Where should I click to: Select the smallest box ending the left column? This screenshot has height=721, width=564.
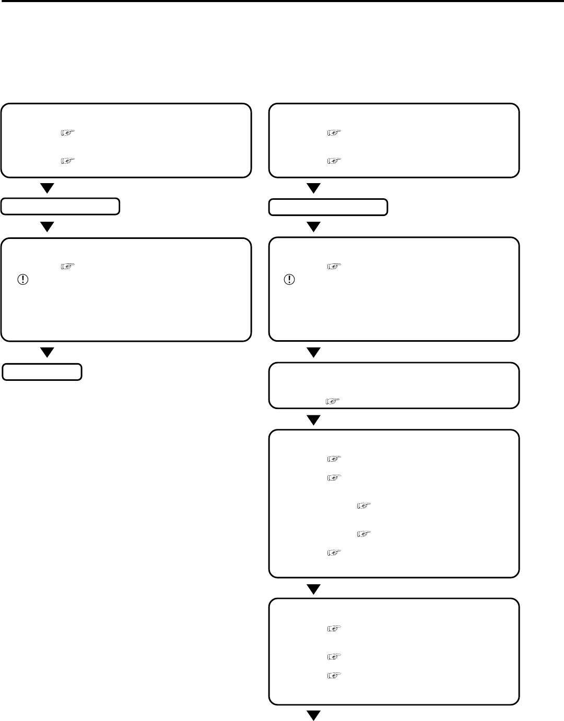pyautogui.click(x=42, y=372)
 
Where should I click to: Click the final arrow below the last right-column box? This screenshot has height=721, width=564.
pyautogui.click(x=313, y=715)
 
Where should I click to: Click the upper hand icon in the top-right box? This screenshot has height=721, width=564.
pyautogui.click(x=334, y=133)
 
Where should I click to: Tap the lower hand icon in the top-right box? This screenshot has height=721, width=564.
pyautogui.click(x=334, y=160)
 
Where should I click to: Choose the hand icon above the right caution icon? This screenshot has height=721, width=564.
pyautogui.click(x=334, y=267)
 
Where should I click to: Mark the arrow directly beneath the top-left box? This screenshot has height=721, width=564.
pyautogui.click(x=48, y=188)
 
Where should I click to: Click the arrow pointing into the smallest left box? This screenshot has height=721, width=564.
pyautogui.click(x=48, y=353)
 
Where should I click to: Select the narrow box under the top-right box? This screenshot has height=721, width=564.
pyautogui.click(x=328, y=207)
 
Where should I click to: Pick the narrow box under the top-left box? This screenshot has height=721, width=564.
pyautogui.click(x=60, y=207)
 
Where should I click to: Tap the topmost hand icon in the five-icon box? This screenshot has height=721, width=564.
pyautogui.click(x=334, y=459)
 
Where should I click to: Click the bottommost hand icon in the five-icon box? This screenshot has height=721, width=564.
pyautogui.click(x=334, y=551)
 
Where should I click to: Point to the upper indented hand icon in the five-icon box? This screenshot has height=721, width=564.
pyautogui.click(x=363, y=506)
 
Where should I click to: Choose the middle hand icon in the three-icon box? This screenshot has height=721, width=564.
pyautogui.click(x=334, y=656)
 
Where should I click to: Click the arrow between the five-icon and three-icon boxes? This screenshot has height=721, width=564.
pyautogui.click(x=313, y=589)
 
